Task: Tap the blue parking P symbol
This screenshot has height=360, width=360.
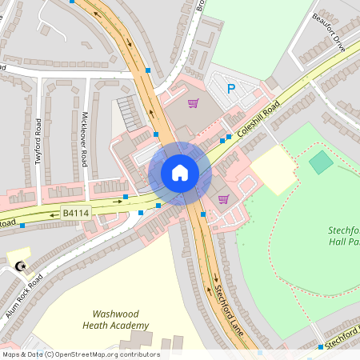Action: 231,89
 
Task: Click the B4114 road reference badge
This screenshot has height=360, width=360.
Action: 77,213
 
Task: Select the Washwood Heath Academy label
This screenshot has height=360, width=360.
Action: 120,320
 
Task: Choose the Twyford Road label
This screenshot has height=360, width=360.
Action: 38,142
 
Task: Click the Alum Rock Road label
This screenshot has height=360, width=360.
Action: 24,296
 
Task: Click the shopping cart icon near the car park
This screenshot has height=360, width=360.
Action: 193,102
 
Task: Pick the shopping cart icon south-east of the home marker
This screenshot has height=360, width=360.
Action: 223,198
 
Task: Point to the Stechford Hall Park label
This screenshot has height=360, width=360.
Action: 344,236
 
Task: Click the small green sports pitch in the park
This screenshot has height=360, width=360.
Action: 321,162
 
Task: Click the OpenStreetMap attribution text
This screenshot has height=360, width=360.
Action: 80,354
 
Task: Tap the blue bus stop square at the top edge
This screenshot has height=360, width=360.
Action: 73,2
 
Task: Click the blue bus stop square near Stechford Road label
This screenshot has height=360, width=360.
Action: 320,347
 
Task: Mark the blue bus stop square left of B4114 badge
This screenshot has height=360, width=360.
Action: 22,226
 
